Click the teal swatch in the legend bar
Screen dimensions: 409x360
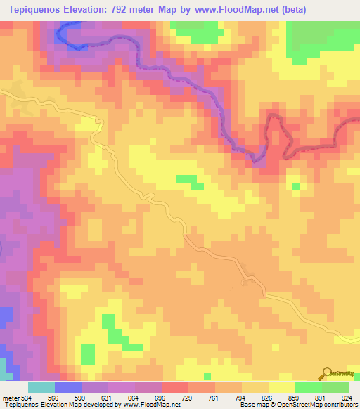pos(41,387)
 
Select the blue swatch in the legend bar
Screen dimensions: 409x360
pos(68,387)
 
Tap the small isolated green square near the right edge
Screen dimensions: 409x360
pos(296,186)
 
